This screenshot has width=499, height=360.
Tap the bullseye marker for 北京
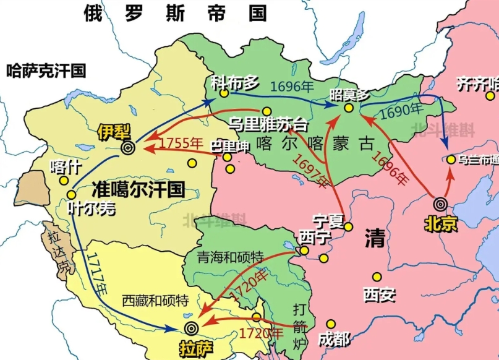[x=440, y=204]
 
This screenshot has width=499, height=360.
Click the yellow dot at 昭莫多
[x=349, y=108]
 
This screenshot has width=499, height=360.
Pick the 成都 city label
[x=333, y=338]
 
